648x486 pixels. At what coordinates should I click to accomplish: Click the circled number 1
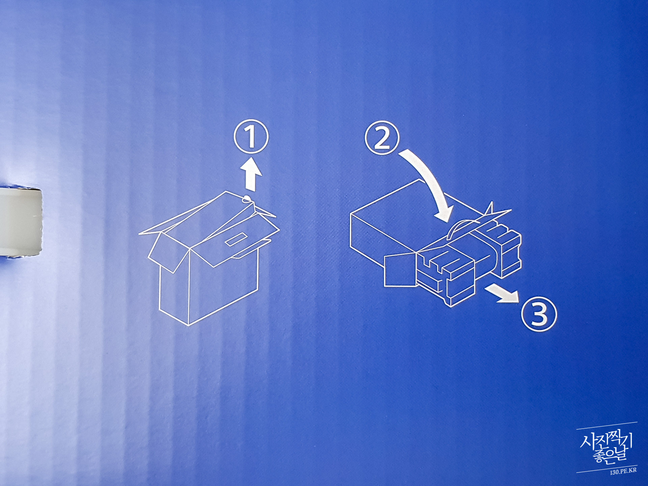click(251, 137)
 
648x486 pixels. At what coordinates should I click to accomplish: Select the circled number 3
click(539, 314)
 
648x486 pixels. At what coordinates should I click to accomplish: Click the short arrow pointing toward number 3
click(502, 293)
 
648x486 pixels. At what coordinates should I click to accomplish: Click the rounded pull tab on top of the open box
click(247, 198)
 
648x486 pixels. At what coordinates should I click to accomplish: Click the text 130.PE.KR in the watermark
click(623, 471)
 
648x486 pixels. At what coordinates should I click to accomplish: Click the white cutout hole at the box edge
click(20, 222)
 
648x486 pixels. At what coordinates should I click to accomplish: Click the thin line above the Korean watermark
click(607, 426)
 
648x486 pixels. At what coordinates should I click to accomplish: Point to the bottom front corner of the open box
click(188, 325)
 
